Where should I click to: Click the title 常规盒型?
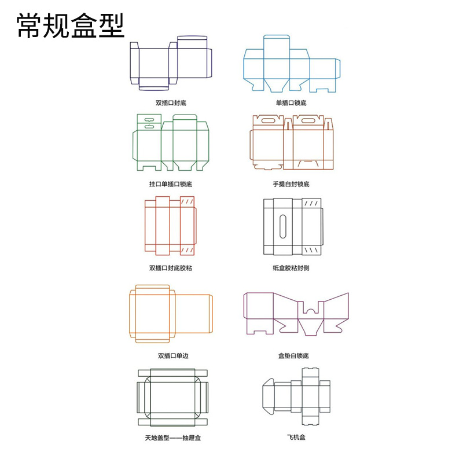pyautogui.click(x=70, y=25)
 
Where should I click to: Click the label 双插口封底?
pyautogui.click(x=171, y=103)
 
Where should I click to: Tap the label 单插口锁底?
pyautogui.click(x=291, y=103)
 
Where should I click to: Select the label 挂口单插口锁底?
pyautogui.click(x=171, y=184)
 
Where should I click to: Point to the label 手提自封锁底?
pyautogui.click(x=291, y=184)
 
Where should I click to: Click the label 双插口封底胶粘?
pyautogui.click(x=171, y=268)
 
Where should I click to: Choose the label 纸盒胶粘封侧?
pyautogui.click(x=291, y=268)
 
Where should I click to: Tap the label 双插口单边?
pyautogui.click(x=173, y=356)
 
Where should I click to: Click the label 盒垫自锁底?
pyautogui.click(x=293, y=356)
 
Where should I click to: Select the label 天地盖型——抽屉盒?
pyautogui.click(x=172, y=438)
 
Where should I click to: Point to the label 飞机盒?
pyautogui.click(x=296, y=437)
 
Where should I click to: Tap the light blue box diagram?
pyautogui.click(x=244, y=68)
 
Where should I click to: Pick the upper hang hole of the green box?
pyautogui.click(x=149, y=120)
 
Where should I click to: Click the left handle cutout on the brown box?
pyautogui.click(x=268, y=120)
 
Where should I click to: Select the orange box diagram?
pyautogui.click(x=130, y=314)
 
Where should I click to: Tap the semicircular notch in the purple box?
pyautogui.click(x=310, y=311)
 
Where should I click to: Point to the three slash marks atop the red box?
pyautogui.click(x=187, y=201)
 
